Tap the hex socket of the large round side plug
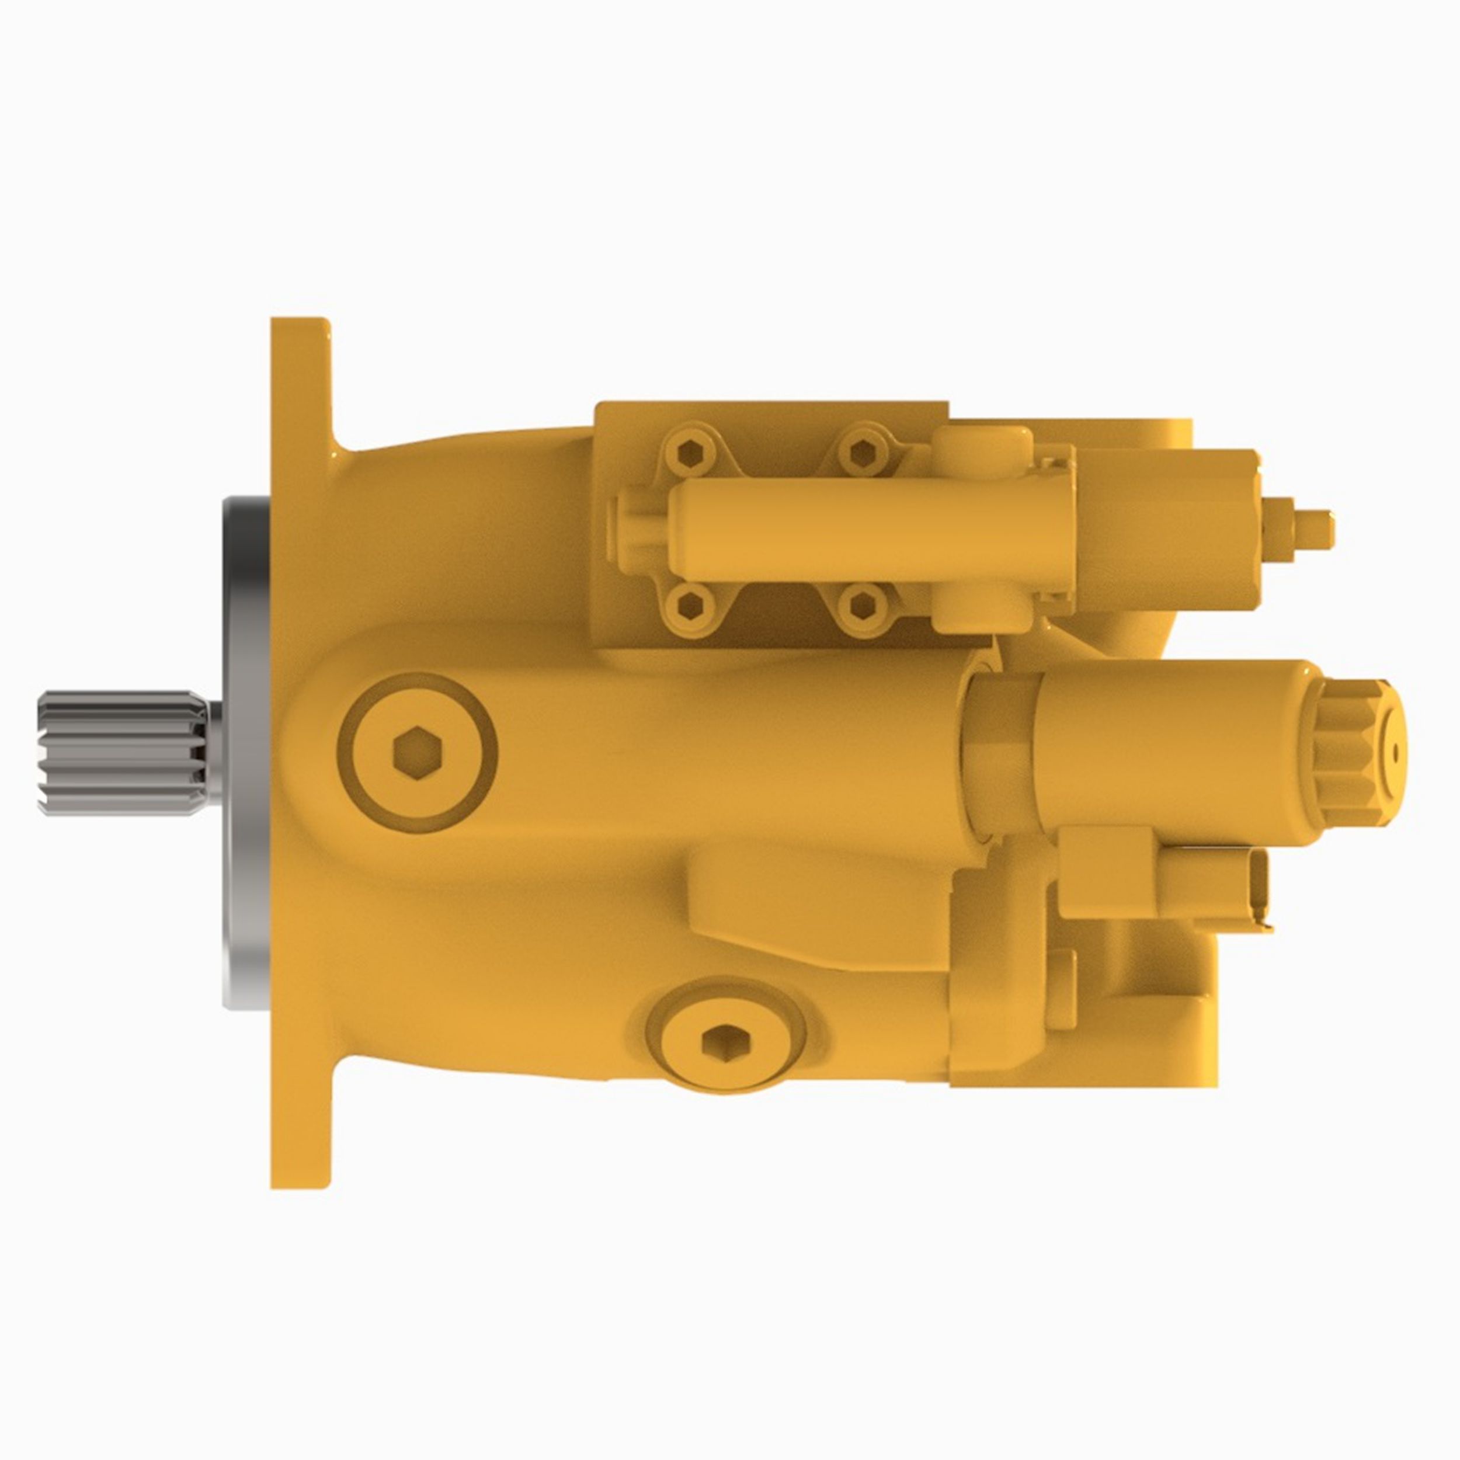[x=416, y=753]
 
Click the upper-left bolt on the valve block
[x=690, y=453]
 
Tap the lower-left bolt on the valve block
[x=690, y=603]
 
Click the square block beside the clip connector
[x=1093, y=873]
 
